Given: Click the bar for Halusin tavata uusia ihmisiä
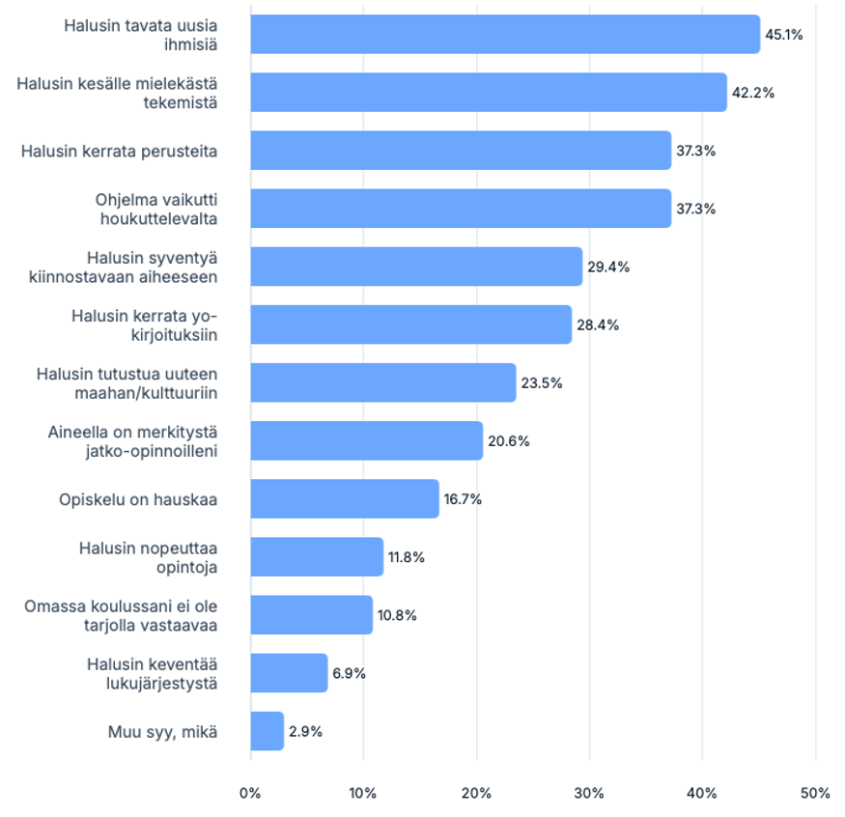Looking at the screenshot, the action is pos(505,34).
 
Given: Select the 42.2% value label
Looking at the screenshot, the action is pos(753,93).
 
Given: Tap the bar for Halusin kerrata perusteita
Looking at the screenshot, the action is pos(461,151).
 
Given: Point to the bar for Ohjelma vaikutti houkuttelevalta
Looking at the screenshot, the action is pos(461,209).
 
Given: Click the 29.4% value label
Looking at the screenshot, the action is pos(608,267).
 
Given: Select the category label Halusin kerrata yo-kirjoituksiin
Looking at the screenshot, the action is pos(145,325).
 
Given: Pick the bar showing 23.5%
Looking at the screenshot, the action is pos(383,382).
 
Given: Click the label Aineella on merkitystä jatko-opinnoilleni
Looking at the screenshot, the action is pos(132,441).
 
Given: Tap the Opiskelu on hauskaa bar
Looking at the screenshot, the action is pos(345,499).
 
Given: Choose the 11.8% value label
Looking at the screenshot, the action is pos(407,557).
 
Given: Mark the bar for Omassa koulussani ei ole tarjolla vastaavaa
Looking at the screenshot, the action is pos(312,615).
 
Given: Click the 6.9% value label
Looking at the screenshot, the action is pos(349,674).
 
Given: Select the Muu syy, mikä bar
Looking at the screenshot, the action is pos(268,731).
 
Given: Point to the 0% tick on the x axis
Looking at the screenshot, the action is pos(250,793).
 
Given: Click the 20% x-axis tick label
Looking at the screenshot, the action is pos(476,793).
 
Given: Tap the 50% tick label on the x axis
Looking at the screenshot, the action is pos(815,793).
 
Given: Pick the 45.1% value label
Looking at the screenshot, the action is pos(784,35).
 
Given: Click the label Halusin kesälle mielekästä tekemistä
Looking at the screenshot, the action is pos(117,93).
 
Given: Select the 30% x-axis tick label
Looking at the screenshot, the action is pos(589,793).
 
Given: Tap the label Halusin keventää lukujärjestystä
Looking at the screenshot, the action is pos(152,674).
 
